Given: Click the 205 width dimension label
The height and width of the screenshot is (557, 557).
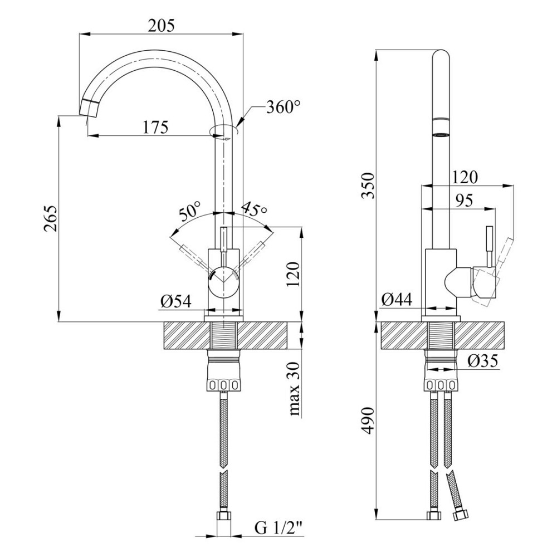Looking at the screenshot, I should coord(162,25).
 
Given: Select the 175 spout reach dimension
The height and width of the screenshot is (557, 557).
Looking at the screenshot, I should coord(155,127).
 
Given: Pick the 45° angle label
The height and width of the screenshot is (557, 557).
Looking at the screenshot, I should coord(254,209).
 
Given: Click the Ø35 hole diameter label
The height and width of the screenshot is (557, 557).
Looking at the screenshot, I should coord(482,361).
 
